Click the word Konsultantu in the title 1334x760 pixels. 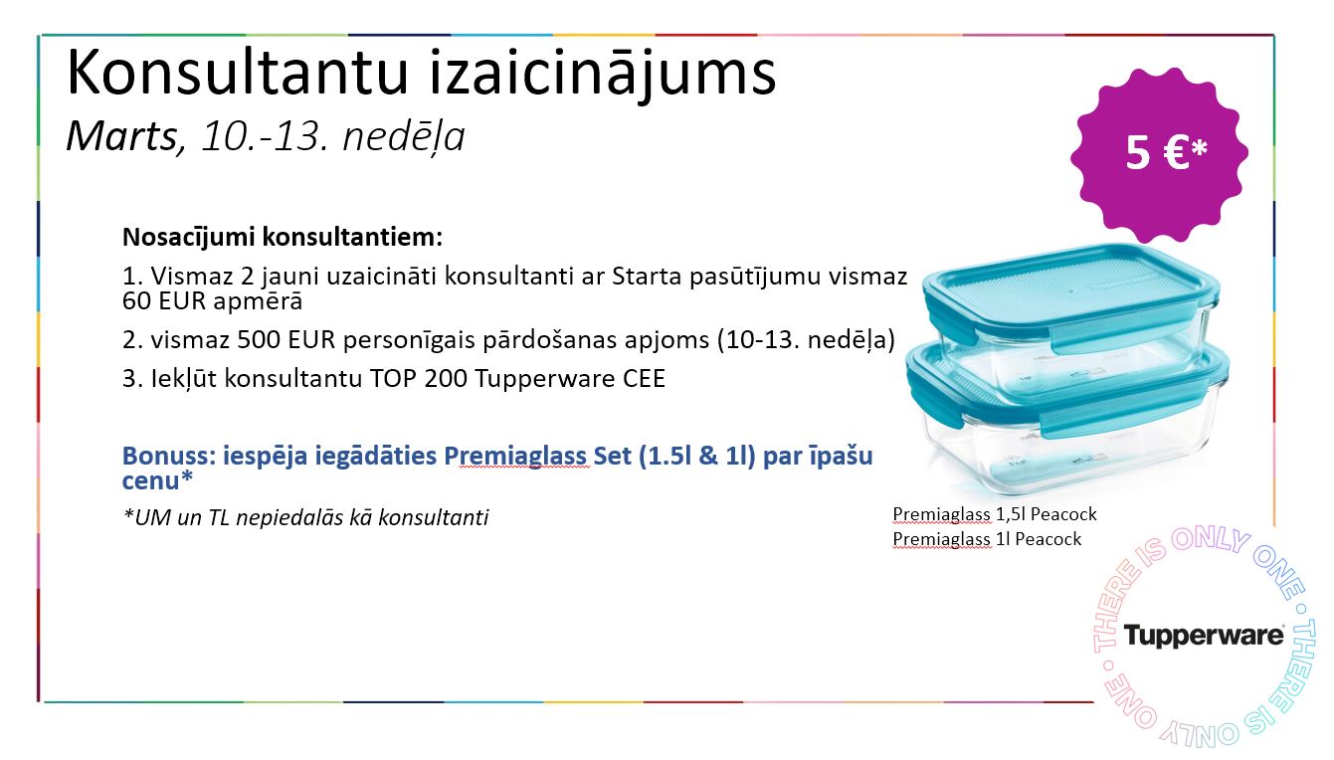click(238, 73)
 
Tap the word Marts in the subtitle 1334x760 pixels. click(122, 136)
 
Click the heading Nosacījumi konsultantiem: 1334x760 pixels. click(283, 237)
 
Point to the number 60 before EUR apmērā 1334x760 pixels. click(136, 301)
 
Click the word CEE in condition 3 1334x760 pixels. click(644, 379)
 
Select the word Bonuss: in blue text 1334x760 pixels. click(168, 457)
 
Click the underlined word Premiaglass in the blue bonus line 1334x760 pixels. click(517, 457)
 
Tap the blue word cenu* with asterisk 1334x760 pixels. click(158, 480)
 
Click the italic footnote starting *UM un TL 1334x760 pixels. click(305, 517)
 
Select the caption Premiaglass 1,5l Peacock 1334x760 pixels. click(995, 514)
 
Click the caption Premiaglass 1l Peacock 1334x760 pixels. click(987, 539)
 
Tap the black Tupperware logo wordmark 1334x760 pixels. click(1204, 636)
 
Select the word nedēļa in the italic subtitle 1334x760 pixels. click(404, 138)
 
